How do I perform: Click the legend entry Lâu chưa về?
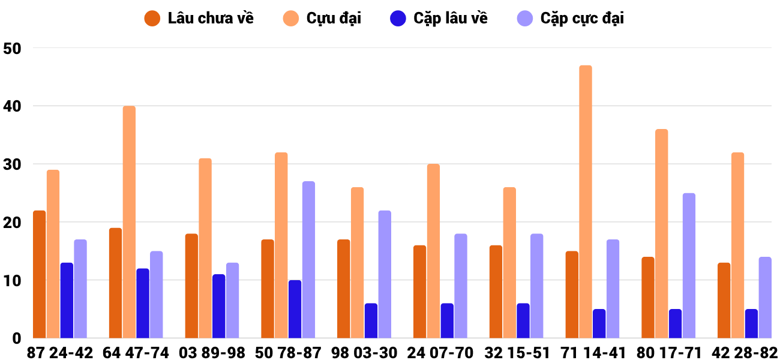pos(199,18)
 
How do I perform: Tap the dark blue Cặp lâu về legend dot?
pos(398,18)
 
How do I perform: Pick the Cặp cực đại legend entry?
pos(571,18)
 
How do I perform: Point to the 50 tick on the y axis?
pos(12,49)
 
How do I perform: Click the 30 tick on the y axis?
pos(12,164)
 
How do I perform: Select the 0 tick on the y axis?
pos(17,338)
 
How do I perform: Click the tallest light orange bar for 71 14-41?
pos(586,202)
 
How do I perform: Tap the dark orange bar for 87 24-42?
pos(40,274)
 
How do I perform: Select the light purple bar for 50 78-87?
pos(308,260)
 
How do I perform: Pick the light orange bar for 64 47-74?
pos(129,222)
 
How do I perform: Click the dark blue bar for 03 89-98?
pos(218,306)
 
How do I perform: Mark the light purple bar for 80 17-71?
pos(689,266)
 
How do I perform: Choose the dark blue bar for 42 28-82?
pos(751,323)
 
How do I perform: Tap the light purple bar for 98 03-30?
pos(385,274)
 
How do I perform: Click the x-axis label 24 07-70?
pos(440,353)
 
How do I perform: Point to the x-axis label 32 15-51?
pos(517,353)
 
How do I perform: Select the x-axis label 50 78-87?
pos(288,353)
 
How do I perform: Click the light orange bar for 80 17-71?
pos(662,233)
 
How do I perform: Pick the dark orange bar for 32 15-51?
pos(496,292)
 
